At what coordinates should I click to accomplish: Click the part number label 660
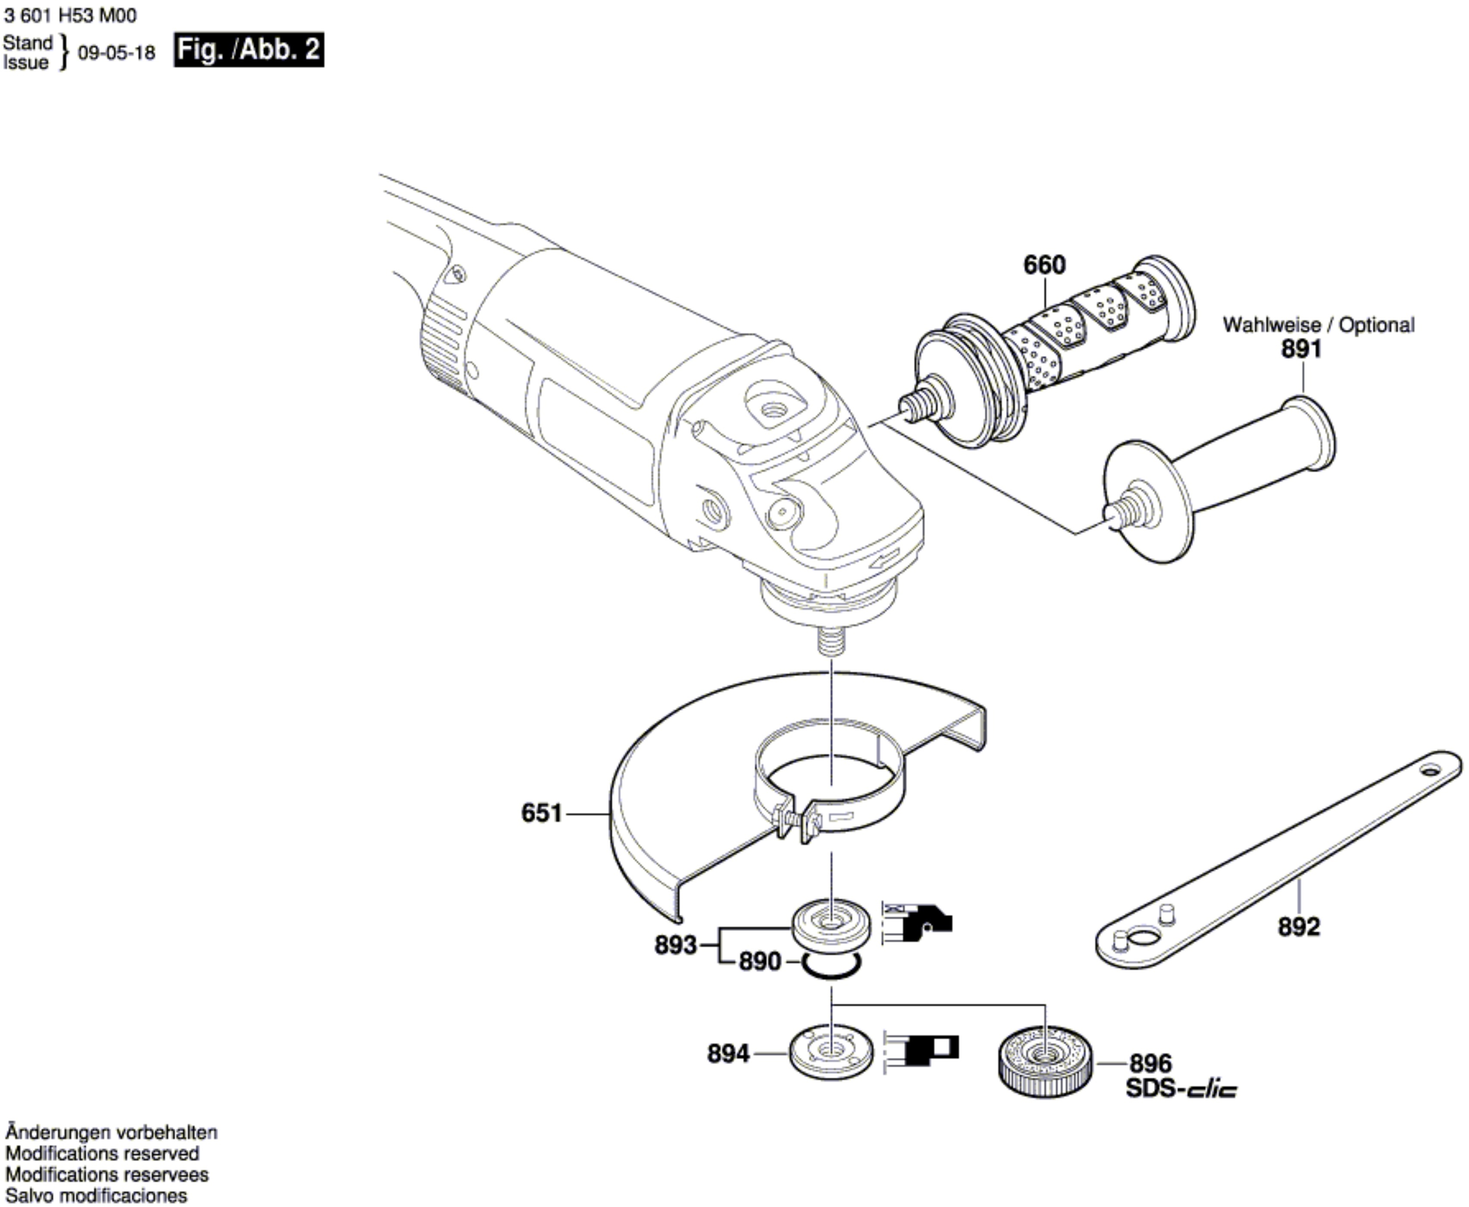1044,265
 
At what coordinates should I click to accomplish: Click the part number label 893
675,945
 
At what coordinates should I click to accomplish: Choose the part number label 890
760,962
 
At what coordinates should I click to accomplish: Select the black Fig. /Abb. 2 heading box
248,50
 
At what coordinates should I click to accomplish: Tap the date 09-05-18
116,53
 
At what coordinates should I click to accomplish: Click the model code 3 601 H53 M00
70,15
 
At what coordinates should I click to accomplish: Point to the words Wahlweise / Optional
1318,324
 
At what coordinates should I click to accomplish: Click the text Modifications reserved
102,1154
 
